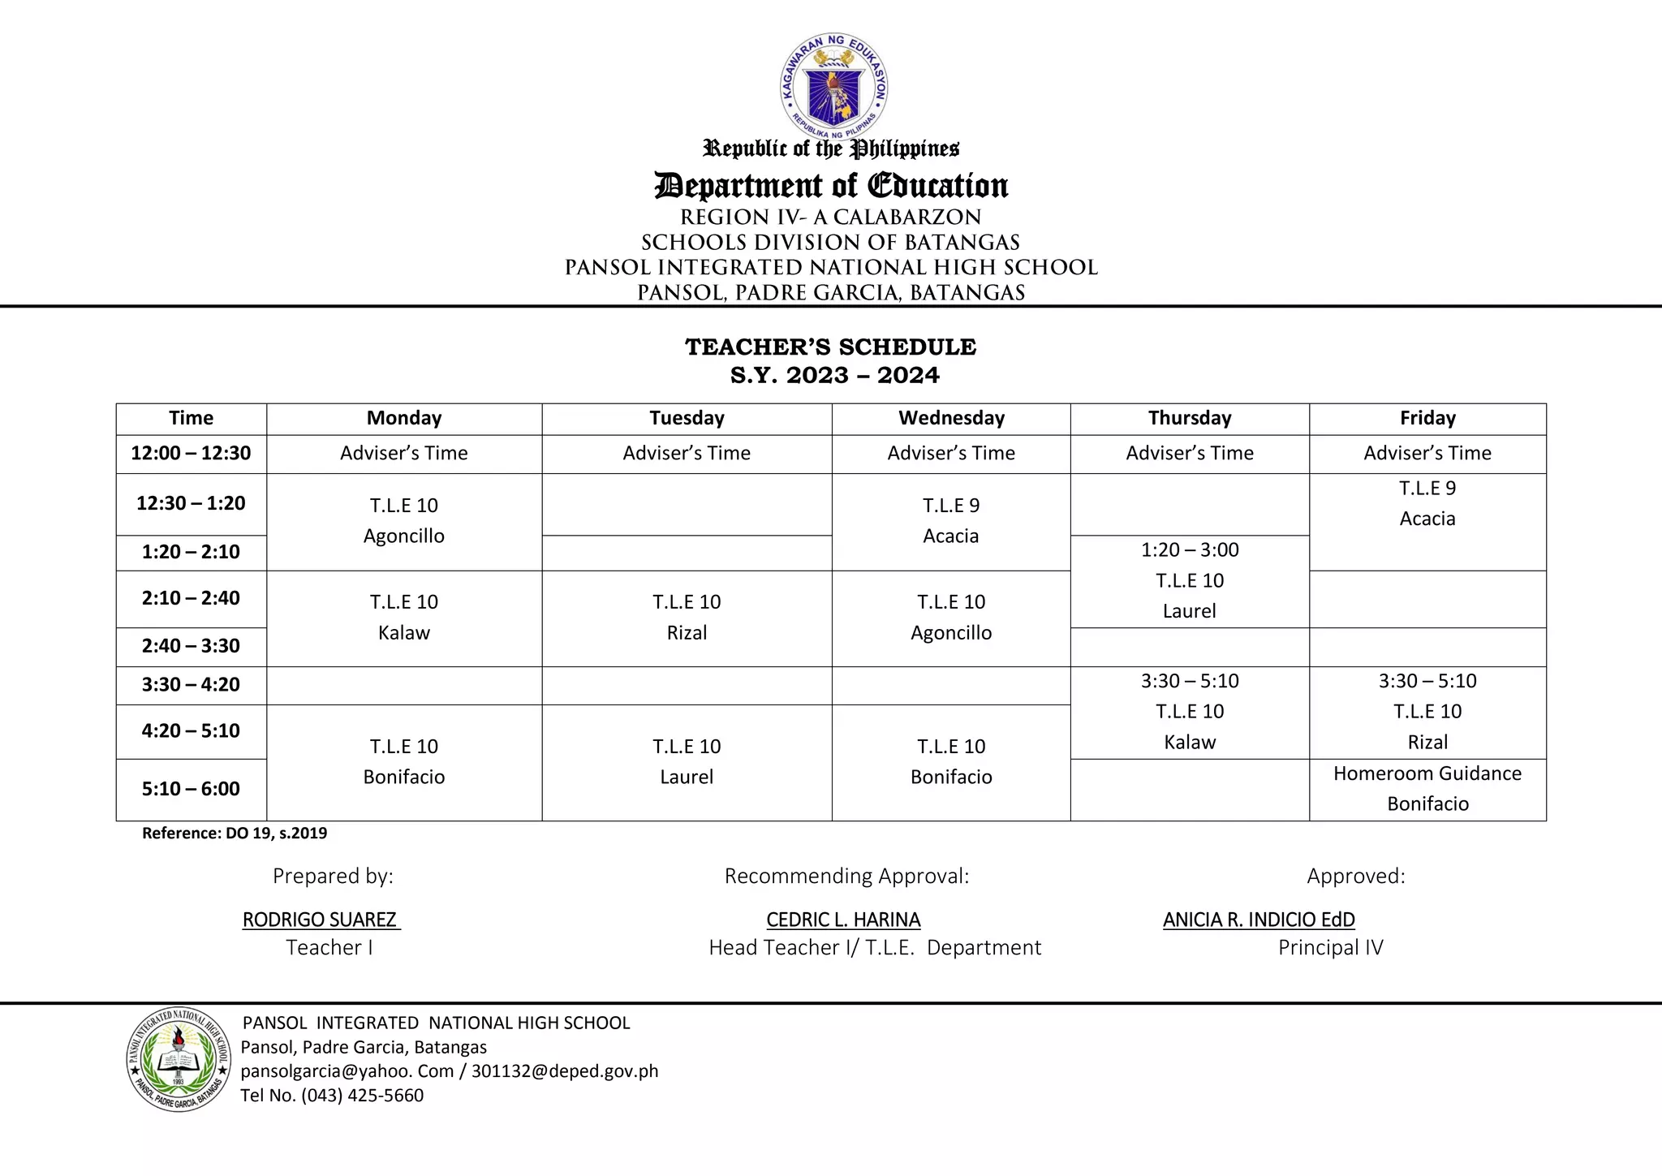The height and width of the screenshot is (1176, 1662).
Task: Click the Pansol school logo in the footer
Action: coord(179,1059)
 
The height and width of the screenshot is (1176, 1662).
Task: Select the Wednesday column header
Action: coord(951,418)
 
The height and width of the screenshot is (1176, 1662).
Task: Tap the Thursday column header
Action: coord(1190,418)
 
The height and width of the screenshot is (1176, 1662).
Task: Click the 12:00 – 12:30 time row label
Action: coord(191,453)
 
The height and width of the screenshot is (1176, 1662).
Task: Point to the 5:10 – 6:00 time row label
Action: coord(191,789)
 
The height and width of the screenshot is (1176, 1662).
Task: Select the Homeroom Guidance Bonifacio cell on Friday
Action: coord(1427,789)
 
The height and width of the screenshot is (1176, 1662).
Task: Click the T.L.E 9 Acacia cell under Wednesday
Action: coord(951,521)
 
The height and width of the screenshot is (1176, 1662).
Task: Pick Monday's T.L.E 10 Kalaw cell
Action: coord(404,618)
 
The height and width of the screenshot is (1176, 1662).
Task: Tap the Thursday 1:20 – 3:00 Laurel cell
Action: coord(1190,581)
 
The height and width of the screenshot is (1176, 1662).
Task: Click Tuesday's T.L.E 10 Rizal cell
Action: coord(687,618)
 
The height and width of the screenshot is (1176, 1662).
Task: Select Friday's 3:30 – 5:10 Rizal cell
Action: coord(1427,712)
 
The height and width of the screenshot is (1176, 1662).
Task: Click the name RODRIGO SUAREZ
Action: coord(320,920)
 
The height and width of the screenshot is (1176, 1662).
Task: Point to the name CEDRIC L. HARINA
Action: coord(843,920)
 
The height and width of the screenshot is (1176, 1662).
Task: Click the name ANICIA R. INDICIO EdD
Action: coord(1259,920)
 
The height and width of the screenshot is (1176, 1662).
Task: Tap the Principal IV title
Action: coord(1330,948)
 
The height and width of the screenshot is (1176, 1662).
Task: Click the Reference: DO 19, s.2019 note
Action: coord(235,834)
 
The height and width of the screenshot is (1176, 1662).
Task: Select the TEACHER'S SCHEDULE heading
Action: coord(831,347)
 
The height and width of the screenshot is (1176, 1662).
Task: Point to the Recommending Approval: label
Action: coord(846,877)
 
